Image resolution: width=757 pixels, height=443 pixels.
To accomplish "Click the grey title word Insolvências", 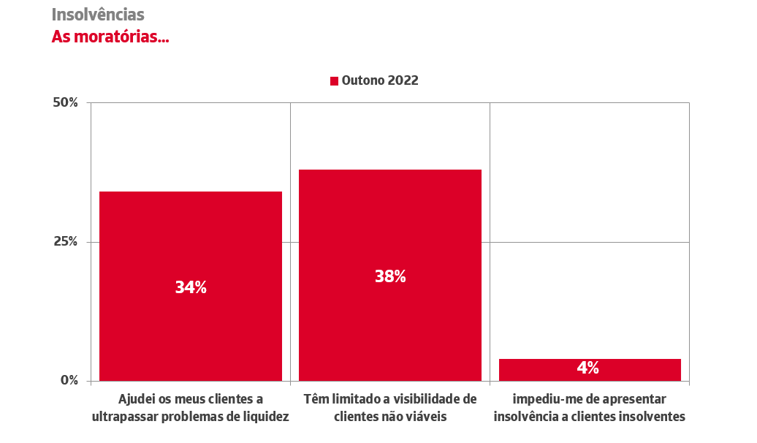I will tap(98, 15).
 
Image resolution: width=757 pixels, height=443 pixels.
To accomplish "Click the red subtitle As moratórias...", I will tap(110, 37).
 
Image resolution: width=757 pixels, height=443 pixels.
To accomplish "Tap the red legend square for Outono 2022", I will tap(334, 81).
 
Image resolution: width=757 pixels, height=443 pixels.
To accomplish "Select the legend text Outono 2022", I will tap(380, 81).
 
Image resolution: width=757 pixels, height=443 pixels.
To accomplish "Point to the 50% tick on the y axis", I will tap(66, 102).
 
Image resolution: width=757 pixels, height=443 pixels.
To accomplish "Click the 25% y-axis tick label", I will tap(66, 242).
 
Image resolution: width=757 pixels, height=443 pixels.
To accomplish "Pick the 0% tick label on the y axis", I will tap(69, 381).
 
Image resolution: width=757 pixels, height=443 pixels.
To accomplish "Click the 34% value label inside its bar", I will tap(191, 288).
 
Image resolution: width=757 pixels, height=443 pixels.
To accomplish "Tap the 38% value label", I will tap(390, 277).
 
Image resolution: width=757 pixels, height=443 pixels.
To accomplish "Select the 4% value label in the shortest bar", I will tap(588, 368).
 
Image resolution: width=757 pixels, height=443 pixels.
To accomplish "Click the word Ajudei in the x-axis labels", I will tap(137, 399).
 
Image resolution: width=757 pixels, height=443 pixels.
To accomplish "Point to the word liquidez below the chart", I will tap(265, 417).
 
